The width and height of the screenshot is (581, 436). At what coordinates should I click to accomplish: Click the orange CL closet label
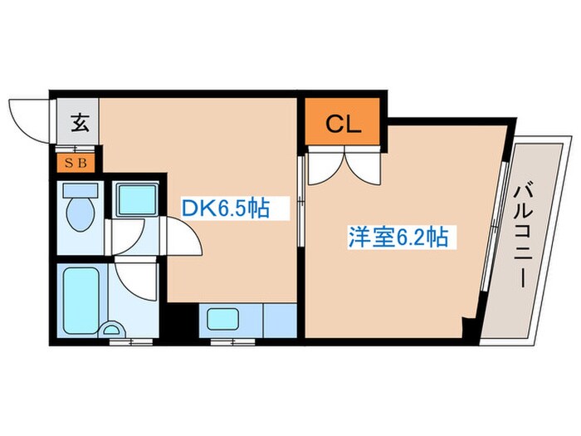tap(342, 125)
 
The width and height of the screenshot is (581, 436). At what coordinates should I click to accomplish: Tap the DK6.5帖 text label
tap(225, 207)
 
